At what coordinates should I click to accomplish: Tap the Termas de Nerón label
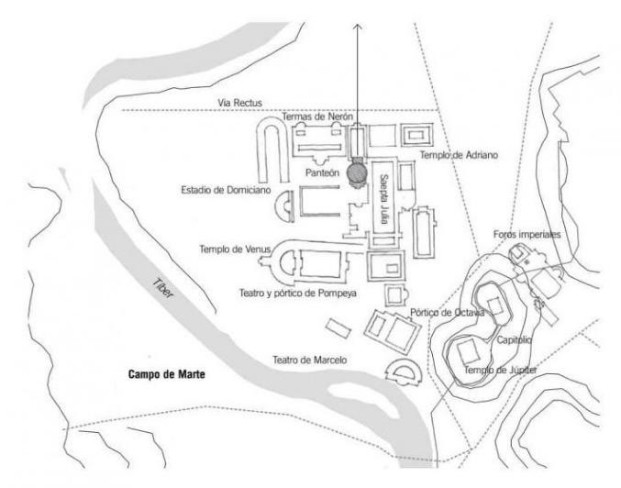317,117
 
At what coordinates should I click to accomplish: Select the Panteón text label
322,172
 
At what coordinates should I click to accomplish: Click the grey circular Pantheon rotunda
358,172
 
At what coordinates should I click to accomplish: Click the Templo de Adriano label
460,155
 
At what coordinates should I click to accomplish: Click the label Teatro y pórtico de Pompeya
297,293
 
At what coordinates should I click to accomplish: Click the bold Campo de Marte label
165,375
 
